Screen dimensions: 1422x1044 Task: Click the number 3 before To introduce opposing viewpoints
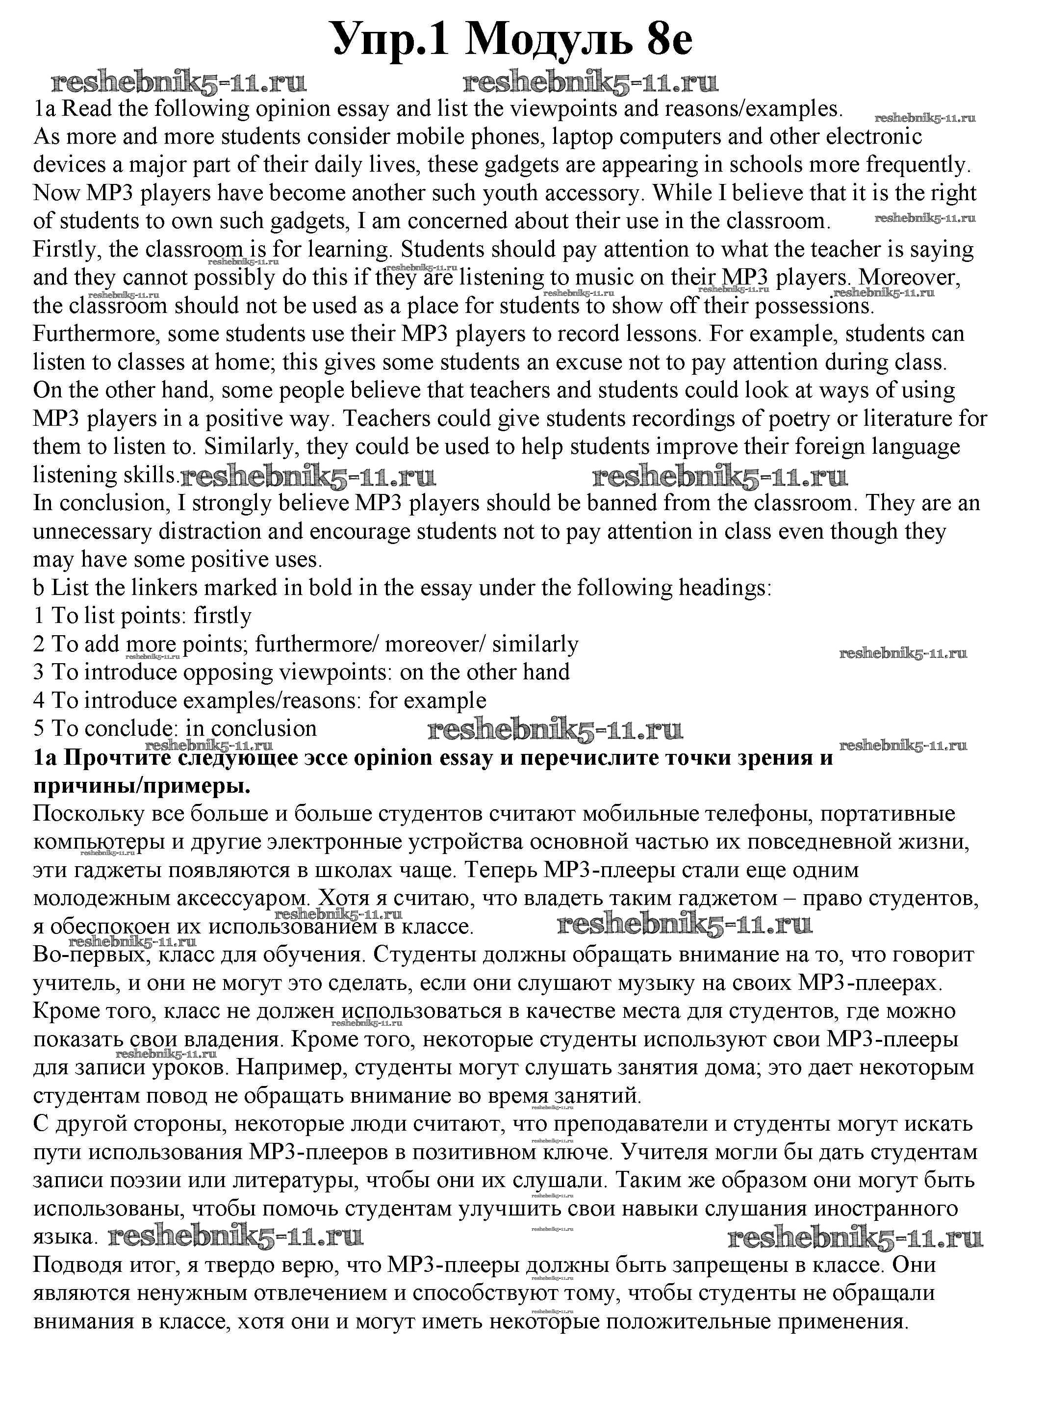coord(39,672)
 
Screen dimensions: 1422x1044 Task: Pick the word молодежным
coord(101,899)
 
